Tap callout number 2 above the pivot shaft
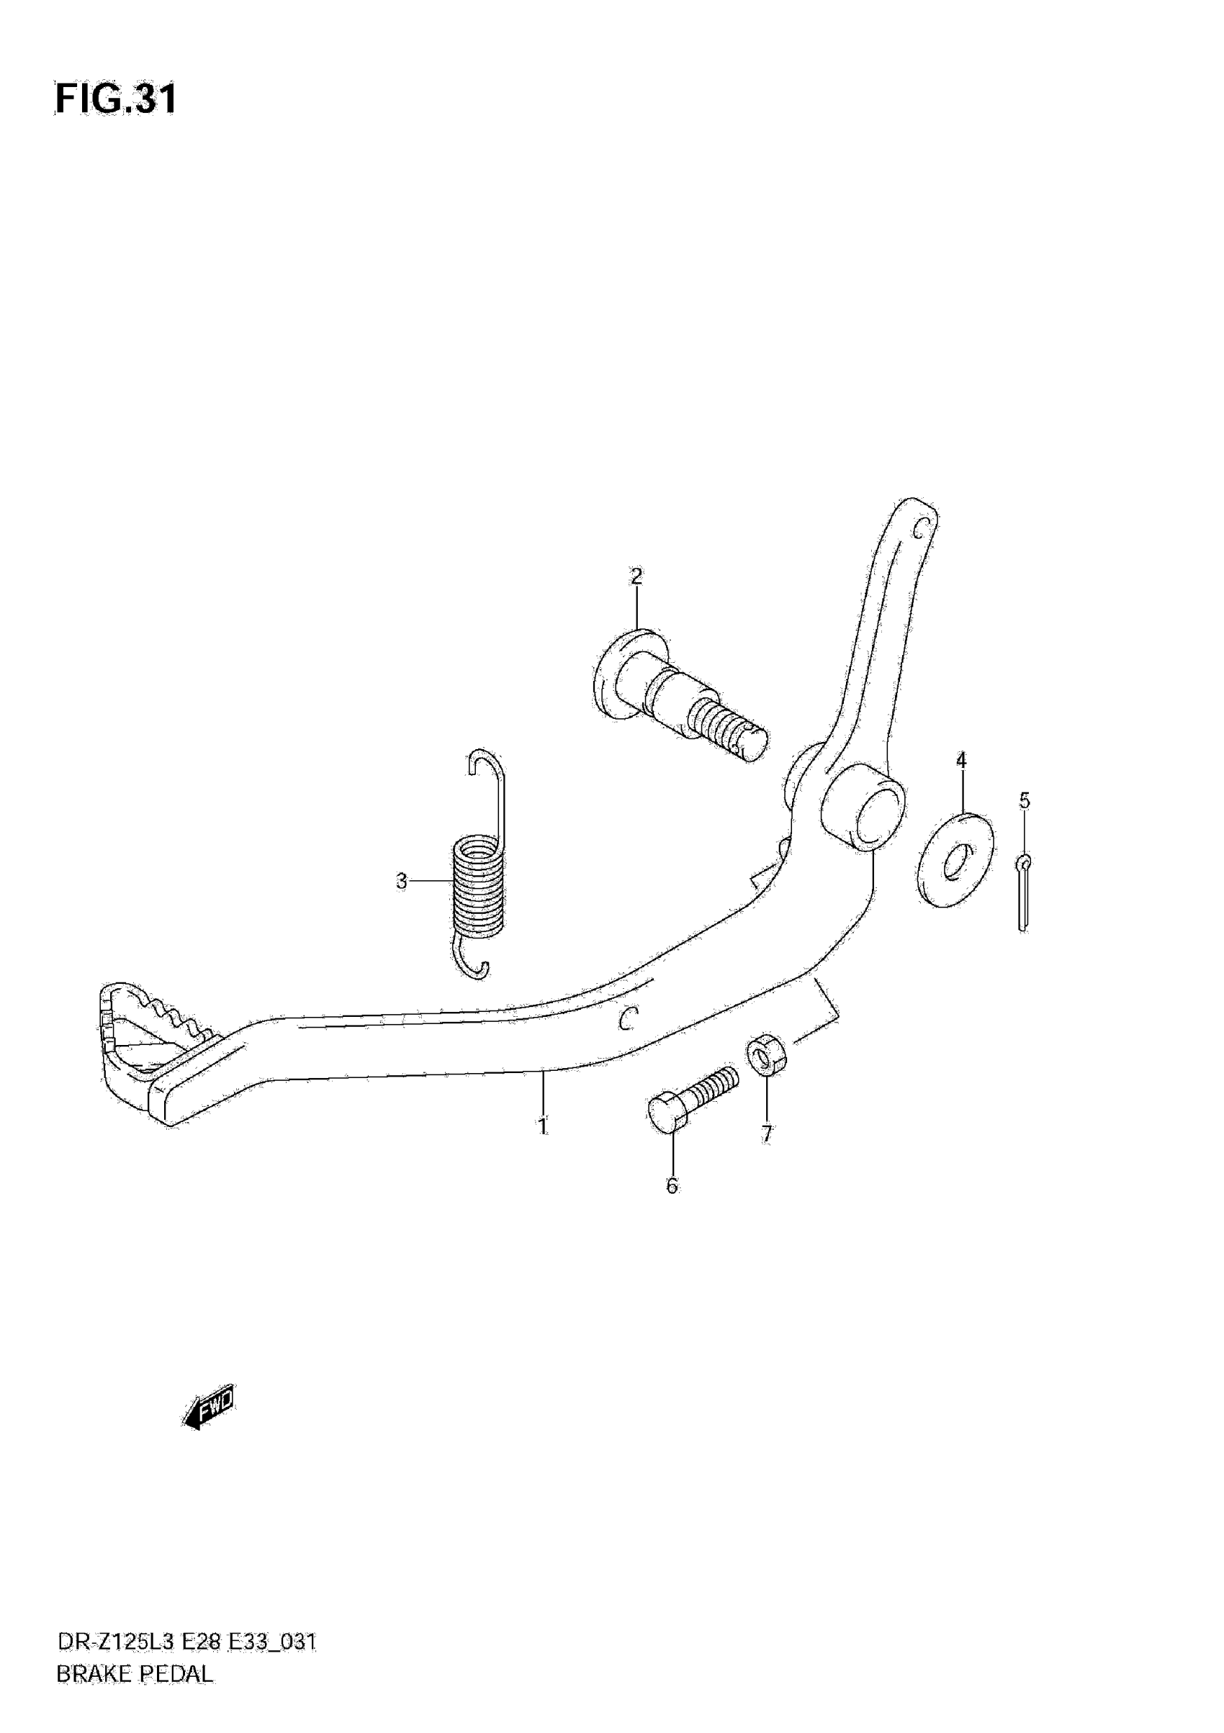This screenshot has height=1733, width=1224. click(x=636, y=576)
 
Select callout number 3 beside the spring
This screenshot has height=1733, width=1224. click(x=402, y=881)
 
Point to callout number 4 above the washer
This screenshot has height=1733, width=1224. click(x=961, y=760)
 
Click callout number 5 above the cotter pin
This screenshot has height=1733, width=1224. click(x=1024, y=800)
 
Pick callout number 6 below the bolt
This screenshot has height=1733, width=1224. click(x=672, y=1186)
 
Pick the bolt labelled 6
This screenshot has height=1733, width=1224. click(x=691, y=1097)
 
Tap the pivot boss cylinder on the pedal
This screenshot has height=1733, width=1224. click(x=864, y=807)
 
